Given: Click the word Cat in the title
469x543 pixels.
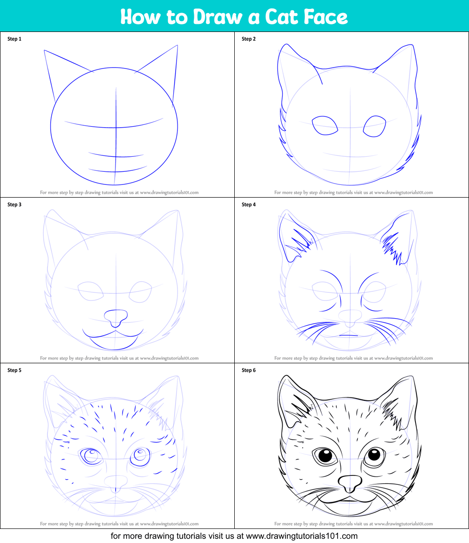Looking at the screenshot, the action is coord(281,16).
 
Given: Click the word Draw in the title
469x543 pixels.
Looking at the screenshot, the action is coord(218,16).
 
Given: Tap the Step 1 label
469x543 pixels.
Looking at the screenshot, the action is coord(15,39).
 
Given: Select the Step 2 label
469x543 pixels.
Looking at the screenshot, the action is coord(249,39).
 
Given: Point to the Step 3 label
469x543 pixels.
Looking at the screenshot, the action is coord(15,204).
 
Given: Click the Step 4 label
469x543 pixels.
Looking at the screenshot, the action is coord(249,204).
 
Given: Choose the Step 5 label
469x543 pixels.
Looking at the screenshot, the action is coord(15,370).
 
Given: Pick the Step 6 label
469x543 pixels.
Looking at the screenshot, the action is coord(249,370).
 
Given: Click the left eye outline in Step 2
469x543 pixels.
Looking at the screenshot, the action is coord(325,125).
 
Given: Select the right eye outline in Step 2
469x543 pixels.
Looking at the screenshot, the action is coord(375,126).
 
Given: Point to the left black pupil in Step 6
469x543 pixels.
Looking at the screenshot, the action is coord(325,455).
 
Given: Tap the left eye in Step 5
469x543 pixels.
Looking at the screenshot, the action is coord(91,456).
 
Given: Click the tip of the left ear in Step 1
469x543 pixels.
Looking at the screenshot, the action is coord(44,50).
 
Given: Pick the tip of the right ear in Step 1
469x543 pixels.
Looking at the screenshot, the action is coord(177,45).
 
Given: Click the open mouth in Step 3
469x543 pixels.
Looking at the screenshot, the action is coord(113,339).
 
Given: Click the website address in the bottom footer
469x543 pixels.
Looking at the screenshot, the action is coord(302,536).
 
